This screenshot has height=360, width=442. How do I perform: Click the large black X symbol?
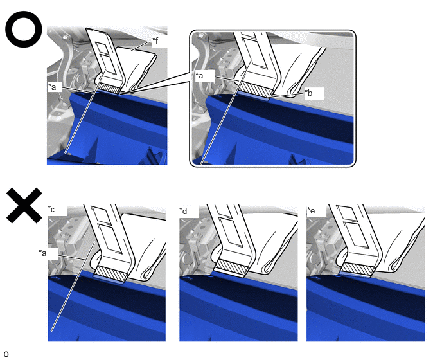(24, 205)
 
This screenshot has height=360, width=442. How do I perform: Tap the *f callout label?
(155, 41)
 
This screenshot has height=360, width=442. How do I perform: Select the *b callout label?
(308, 93)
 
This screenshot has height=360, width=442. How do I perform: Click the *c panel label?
(51, 209)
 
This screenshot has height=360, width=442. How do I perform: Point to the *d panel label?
(183, 211)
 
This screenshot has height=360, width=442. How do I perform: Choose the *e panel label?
(311, 210)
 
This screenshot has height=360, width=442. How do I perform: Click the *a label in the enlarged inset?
(199, 75)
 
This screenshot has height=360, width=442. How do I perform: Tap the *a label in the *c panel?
(42, 253)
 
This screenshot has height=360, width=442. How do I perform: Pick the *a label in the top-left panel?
(52, 87)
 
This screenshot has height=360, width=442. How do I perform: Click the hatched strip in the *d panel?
(232, 267)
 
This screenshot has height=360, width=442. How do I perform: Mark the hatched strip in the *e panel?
(358, 269)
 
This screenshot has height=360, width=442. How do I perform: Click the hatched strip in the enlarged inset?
(256, 90)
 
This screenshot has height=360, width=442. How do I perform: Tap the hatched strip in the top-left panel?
(110, 87)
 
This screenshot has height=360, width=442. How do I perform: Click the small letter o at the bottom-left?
(6, 354)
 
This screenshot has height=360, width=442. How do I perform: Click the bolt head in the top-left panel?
(66, 37)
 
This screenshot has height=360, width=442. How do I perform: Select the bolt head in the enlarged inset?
(200, 36)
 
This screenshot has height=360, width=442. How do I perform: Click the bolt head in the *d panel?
(199, 225)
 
